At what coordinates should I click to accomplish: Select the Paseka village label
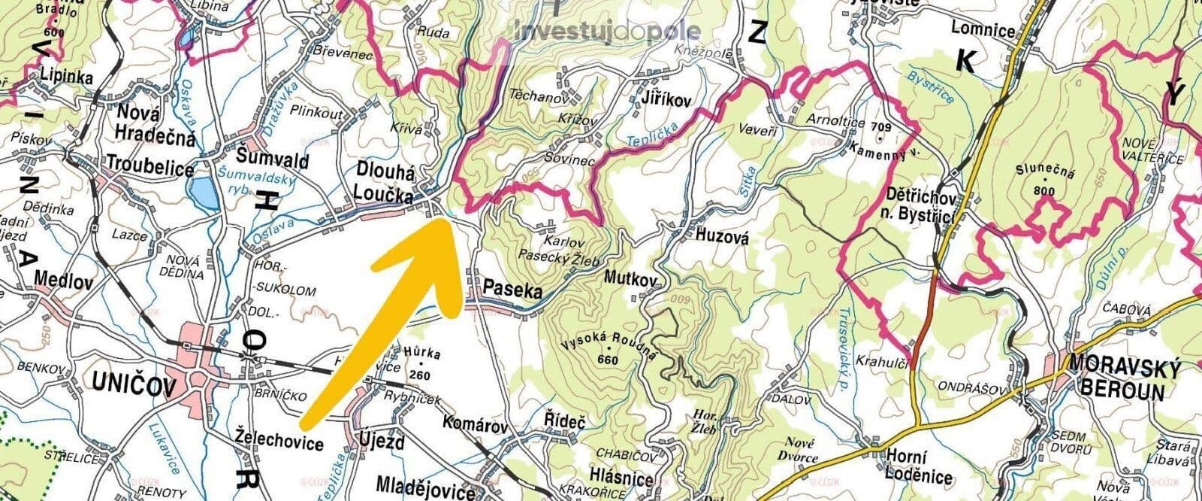point(512,287)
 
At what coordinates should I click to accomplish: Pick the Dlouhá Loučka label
point(385,184)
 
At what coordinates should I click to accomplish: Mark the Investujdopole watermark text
point(609,32)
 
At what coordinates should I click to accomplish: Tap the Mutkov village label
point(630,278)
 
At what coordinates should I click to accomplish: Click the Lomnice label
point(983,31)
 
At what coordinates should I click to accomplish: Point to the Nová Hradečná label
point(156,126)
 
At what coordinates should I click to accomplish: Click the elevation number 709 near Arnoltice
point(883,126)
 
